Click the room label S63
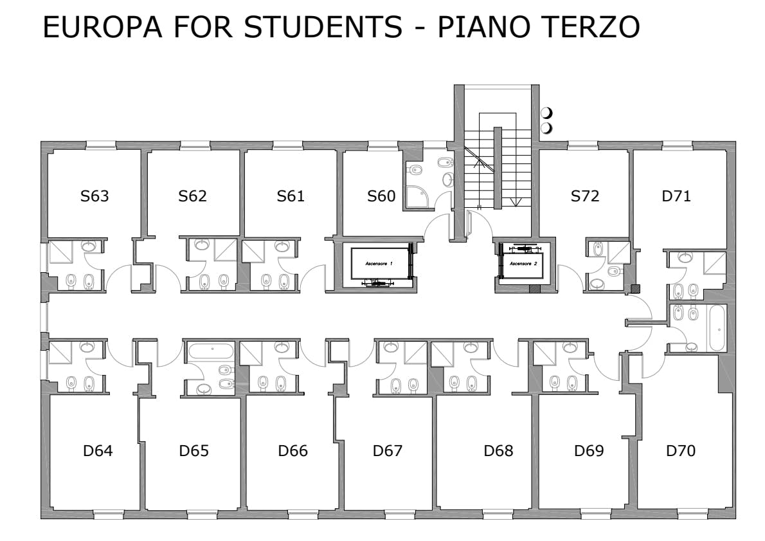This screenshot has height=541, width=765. [x=94, y=196]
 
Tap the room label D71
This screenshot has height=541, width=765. [x=676, y=196]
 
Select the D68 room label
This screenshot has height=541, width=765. [x=498, y=450]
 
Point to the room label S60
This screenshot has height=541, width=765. [x=381, y=196]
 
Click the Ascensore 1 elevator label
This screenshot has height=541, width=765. [x=379, y=264]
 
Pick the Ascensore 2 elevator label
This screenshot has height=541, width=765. [x=523, y=264]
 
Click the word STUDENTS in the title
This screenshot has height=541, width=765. [x=323, y=27]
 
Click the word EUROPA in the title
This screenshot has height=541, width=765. [x=102, y=27]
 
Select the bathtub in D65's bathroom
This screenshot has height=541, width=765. [x=211, y=351]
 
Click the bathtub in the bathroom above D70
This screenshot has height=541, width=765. [x=717, y=328]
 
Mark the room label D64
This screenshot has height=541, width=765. [x=98, y=450]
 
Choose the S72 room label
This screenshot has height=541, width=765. [x=585, y=196]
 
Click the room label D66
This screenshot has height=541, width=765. [x=292, y=450]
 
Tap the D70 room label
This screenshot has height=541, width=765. [x=681, y=450]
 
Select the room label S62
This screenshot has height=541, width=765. [x=192, y=196]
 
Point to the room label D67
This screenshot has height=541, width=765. [x=388, y=450]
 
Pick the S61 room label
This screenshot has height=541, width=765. [x=291, y=196]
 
